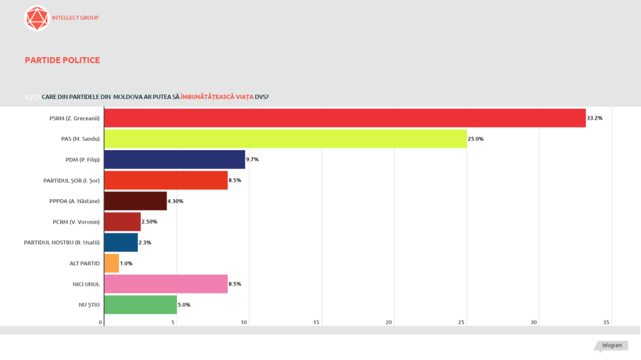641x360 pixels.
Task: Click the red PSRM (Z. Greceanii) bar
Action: [x=344, y=118]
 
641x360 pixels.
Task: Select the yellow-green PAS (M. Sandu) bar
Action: [x=285, y=138]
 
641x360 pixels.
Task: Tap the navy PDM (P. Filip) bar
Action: [x=174, y=160]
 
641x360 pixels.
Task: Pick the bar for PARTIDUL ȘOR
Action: [x=165, y=180]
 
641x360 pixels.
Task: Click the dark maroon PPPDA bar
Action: [x=135, y=201]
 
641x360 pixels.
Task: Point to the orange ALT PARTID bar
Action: [x=111, y=263]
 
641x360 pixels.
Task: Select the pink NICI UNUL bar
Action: [x=165, y=284]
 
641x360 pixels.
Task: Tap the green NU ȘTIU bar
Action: [x=140, y=304]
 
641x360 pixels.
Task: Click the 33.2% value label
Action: [x=595, y=118]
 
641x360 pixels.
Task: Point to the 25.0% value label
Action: [x=476, y=138]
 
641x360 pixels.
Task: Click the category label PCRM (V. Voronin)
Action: [x=76, y=222]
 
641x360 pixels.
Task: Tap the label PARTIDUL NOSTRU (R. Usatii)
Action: [x=62, y=242]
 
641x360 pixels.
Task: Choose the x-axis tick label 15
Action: [x=317, y=322]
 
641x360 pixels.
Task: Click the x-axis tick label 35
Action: [x=607, y=322]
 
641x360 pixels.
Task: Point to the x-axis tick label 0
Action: [x=101, y=322]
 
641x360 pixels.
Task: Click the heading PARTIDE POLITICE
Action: [x=63, y=60]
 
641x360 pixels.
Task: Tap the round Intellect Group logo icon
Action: [x=36, y=18]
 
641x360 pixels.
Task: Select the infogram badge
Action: [x=611, y=346]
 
